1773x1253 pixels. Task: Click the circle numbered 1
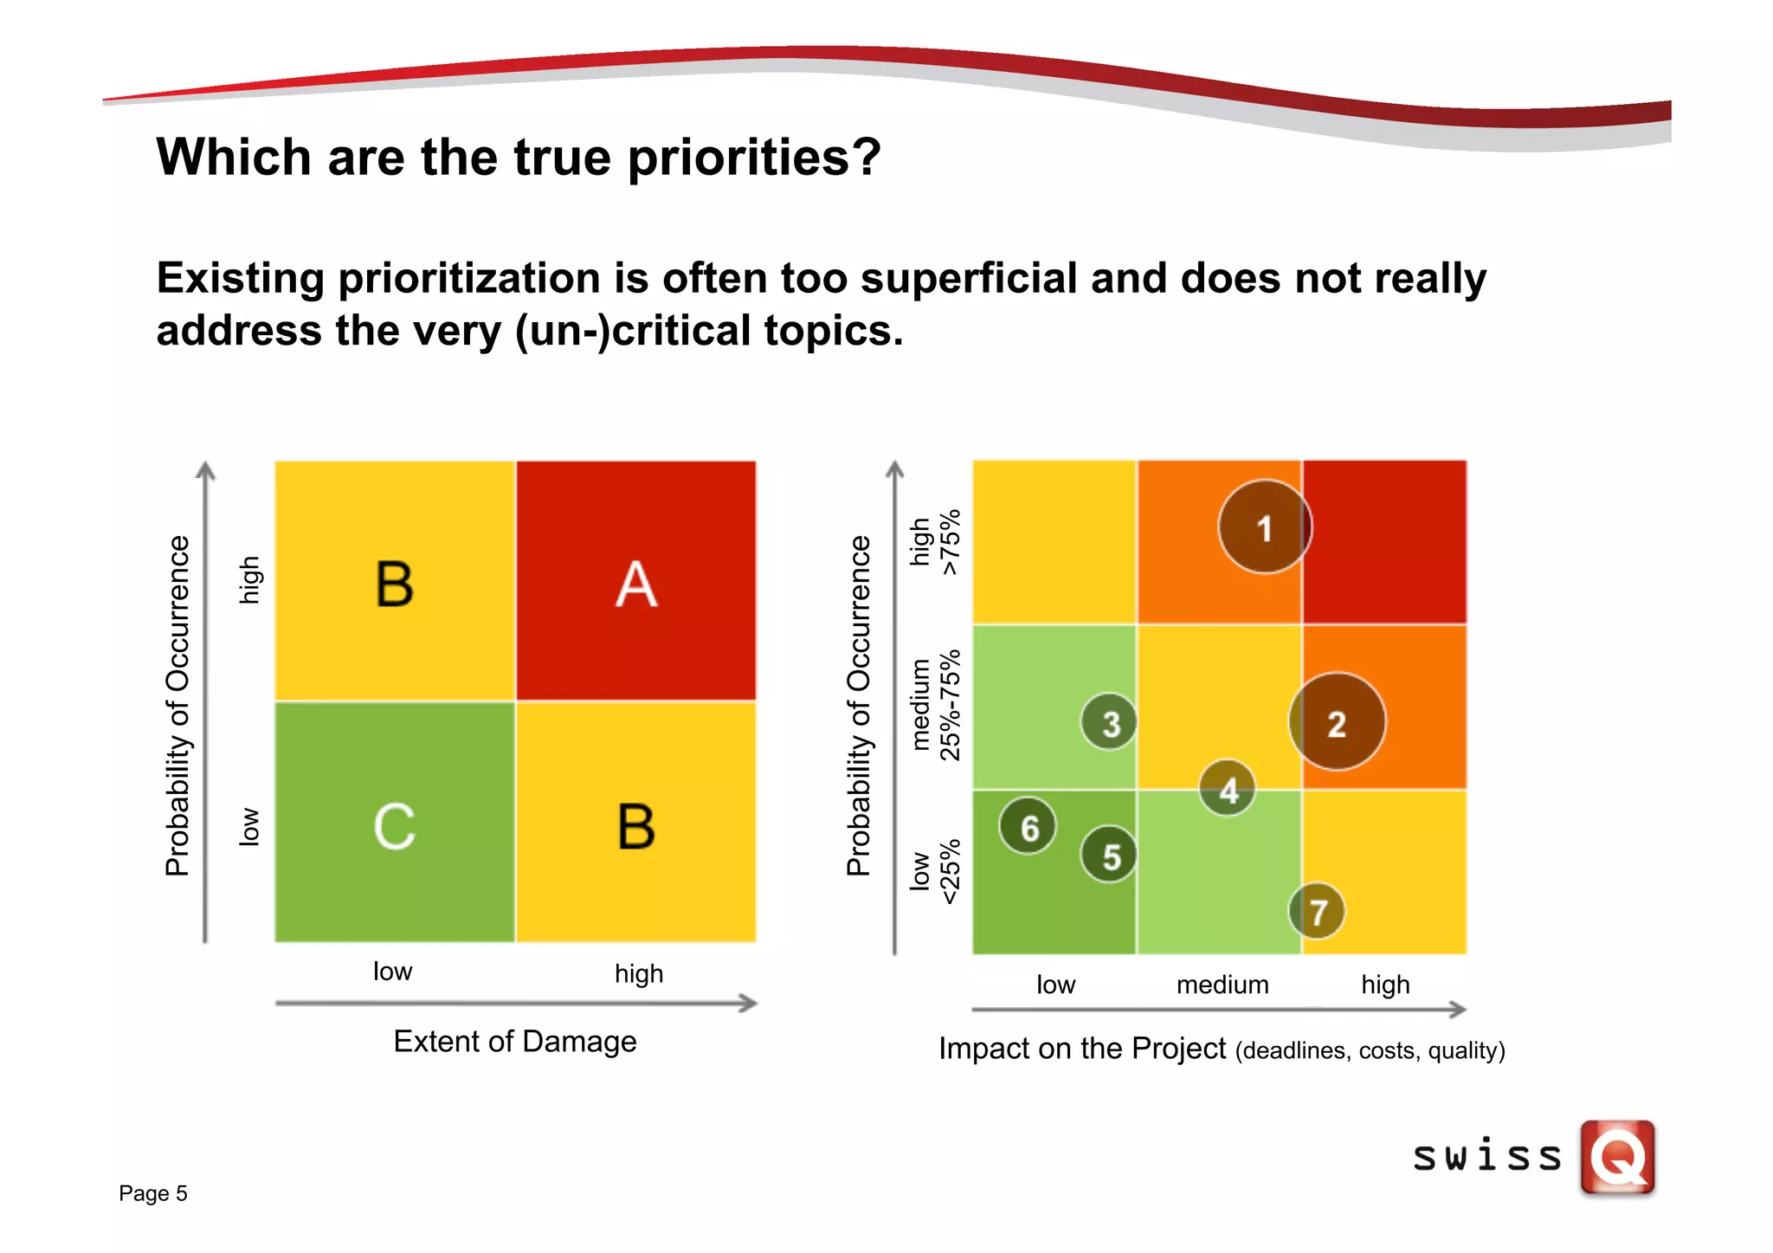tap(1265, 527)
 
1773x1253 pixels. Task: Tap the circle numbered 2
tap(1337, 722)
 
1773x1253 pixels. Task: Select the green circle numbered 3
tap(1109, 722)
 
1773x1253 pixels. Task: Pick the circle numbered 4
tap(1228, 789)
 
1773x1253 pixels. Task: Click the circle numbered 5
tap(1109, 855)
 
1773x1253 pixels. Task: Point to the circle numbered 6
tap(1028, 826)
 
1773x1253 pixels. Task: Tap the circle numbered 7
tap(1317, 911)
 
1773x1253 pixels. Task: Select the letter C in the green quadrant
tap(395, 826)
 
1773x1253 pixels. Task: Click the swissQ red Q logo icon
tap(1617, 1157)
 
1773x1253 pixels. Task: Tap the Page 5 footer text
tap(153, 1193)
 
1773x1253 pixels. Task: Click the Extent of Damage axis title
tap(515, 1041)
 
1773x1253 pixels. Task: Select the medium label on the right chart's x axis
tap(1222, 985)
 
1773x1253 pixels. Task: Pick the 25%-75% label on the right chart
tap(951, 705)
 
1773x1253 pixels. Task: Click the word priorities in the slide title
tap(753, 158)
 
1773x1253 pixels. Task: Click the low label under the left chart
tap(392, 971)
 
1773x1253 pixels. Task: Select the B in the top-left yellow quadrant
tap(395, 584)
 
